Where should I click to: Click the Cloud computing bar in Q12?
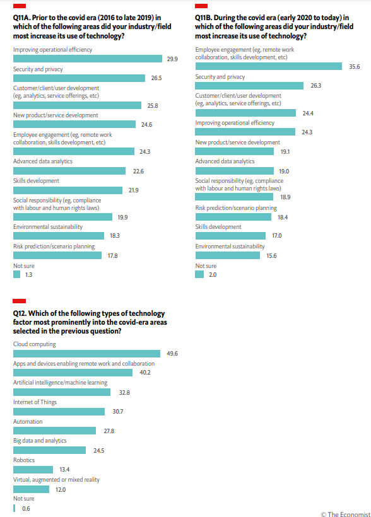86,354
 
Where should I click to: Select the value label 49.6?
172,354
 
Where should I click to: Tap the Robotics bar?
33,470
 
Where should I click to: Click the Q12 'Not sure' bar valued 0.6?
14,508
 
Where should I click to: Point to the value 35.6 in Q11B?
355,67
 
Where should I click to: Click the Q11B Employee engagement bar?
268,66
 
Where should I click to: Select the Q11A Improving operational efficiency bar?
88,59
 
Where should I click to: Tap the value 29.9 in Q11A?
172,59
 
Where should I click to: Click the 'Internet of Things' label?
35,402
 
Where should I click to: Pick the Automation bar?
54,431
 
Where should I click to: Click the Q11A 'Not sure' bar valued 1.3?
16,274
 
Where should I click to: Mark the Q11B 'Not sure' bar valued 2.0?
199,274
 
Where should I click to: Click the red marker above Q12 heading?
19,301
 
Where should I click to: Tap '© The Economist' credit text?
346,514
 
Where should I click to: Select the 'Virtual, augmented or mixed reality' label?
56,479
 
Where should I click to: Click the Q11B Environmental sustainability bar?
227,255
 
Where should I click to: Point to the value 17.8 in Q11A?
112,255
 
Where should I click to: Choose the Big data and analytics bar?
49,450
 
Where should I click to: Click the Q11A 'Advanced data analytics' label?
43,161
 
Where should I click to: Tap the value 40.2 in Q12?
145,373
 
